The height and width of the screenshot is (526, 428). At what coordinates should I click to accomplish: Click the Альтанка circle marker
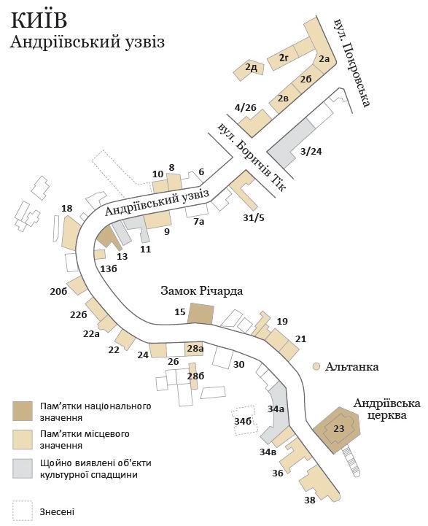(316, 366)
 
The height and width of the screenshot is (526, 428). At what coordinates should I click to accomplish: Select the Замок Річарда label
(201, 290)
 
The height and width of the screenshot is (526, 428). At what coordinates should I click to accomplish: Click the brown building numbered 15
(201, 313)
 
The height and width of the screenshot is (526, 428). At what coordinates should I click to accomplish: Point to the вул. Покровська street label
(351, 63)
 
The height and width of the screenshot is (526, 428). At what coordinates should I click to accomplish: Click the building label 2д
(251, 68)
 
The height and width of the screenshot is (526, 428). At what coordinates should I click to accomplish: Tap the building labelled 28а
(195, 349)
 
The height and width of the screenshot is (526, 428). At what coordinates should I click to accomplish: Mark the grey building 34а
(277, 412)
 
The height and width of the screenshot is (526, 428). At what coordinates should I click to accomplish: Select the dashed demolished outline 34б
(245, 420)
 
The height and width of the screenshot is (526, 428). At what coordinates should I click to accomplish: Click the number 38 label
(310, 500)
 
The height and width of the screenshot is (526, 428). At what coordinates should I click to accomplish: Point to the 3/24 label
(311, 152)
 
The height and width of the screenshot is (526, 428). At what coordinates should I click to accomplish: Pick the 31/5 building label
(254, 217)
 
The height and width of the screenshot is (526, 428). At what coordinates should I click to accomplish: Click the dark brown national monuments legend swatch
(23, 411)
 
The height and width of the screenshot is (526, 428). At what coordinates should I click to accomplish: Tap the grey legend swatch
(23, 468)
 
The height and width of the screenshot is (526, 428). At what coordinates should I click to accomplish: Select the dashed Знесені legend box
(23, 511)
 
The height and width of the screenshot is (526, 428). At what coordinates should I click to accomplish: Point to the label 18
(67, 209)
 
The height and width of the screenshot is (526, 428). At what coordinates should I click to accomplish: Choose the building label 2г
(284, 58)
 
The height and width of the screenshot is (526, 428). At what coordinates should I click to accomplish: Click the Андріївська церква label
(386, 409)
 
